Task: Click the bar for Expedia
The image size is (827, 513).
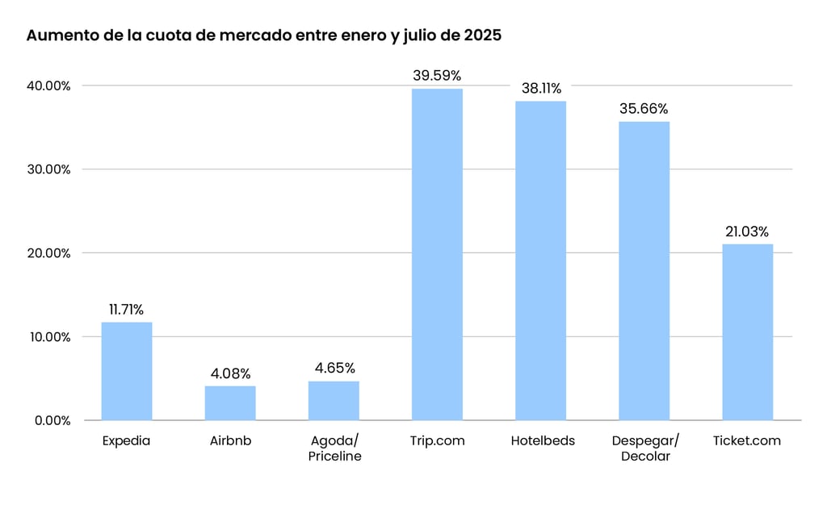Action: click(127, 371)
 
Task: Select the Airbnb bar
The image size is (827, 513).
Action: click(230, 402)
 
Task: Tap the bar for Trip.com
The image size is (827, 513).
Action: click(437, 254)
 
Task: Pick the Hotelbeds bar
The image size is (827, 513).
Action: click(541, 261)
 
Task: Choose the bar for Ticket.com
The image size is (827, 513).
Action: click(748, 332)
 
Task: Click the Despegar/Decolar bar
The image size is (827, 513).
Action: click(644, 270)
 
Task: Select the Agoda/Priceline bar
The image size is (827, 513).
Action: click(334, 400)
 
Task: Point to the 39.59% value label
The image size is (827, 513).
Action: click(437, 76)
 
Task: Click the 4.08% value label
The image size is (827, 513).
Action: click(230, 373)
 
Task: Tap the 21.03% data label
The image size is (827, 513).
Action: click(748, 231)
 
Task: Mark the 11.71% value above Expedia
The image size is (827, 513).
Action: click(127, 310)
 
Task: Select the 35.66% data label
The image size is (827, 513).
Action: click(644, 109)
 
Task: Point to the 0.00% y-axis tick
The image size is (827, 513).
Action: click(53, 420)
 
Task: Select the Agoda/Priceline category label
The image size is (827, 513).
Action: click(334, 448)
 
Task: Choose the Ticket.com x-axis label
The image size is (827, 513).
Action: click(747, 441)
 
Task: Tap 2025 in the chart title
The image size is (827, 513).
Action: click(483, 36)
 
